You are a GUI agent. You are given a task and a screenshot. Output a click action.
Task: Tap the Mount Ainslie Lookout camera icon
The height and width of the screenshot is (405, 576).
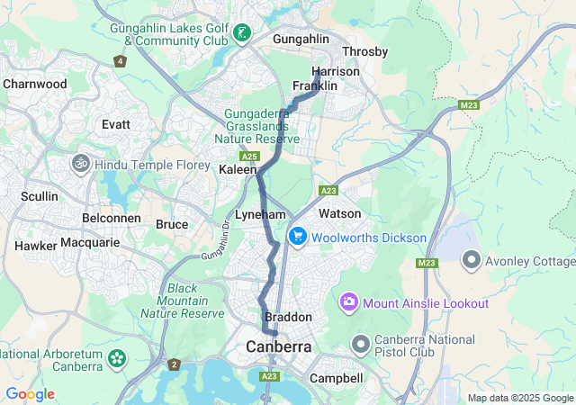tap(348, 302)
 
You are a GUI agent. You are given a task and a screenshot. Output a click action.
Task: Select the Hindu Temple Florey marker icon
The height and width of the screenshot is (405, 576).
tap(80, 164)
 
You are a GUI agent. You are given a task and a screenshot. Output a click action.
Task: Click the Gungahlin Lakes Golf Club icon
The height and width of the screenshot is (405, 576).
tap(241, 34)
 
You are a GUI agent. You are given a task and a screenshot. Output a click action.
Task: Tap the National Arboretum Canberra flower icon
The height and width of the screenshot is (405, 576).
tap(116, 358)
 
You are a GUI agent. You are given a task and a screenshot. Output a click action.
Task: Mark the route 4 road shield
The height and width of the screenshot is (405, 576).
tap(120, 61)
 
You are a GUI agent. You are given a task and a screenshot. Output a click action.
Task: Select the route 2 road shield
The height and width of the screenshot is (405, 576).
tap(173, 364)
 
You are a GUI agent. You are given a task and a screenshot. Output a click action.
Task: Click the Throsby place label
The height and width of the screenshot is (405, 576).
tap(364, 52)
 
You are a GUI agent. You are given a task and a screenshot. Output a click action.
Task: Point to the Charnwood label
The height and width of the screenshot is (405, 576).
tap(35, 84)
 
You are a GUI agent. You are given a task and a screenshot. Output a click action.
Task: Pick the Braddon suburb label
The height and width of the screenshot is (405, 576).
tap(288, 318)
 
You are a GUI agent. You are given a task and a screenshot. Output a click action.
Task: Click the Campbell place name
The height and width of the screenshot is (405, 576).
tap(336, 379)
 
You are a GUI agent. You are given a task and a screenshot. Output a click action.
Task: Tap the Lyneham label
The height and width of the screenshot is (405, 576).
tap(260, 215)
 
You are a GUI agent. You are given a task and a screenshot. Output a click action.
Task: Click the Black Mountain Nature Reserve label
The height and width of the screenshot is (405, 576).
tap(182, 301)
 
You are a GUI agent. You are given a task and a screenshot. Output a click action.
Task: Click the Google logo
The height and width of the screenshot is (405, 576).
tap(30, 394)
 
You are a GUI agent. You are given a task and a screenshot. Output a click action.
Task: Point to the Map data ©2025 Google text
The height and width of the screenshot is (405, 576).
tap(520, 398)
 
